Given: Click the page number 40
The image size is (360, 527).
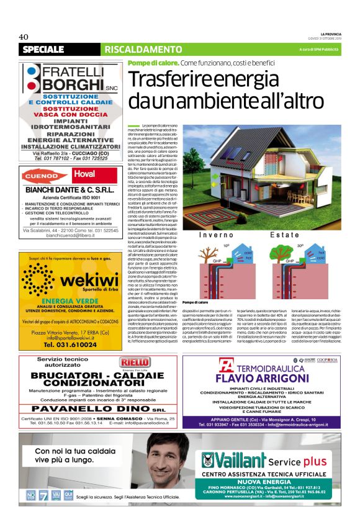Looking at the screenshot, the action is pos(24,36).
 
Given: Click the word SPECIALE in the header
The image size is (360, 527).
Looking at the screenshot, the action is pos(43,49).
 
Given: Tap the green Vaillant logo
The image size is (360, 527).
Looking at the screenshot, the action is pos(233,460).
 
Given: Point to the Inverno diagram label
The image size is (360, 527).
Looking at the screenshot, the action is pos(217,235).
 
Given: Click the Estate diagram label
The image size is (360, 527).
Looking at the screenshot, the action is pos(284,235).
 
